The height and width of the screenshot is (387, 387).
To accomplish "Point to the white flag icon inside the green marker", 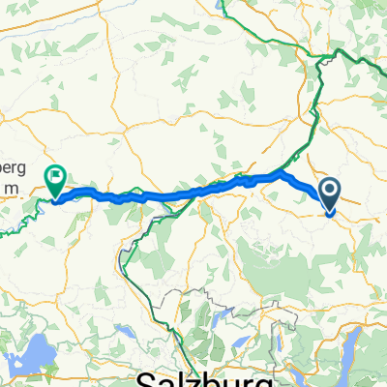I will (x=56, y=176).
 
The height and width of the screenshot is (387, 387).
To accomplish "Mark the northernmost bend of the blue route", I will (x=282, y=173).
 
